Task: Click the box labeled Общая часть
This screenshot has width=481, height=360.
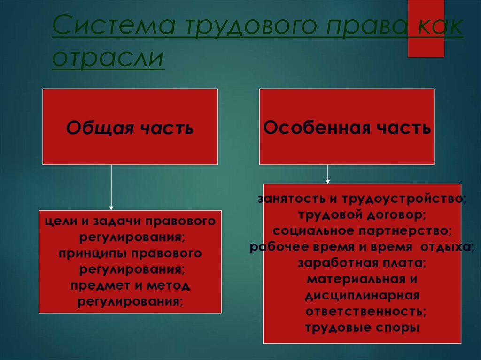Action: tap(130, 127)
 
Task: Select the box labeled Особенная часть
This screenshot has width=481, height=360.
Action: tap(347, 127)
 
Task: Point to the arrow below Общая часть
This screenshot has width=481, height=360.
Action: tap(111, 188)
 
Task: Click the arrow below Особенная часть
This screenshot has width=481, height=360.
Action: tap(328, 174)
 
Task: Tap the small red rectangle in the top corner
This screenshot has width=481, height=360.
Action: tap(426, 28)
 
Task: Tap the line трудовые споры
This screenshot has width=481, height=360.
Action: tap(362, 327)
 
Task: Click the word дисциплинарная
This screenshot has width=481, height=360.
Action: tap(362, 296)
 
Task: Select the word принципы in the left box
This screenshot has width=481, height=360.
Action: tap(91, 253)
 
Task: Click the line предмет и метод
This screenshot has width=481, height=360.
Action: tap(130, 285)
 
